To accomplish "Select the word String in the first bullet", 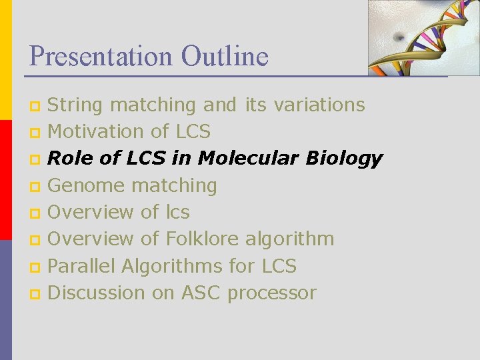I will click(x=75, y=105).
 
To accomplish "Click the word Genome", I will click(x=86, y=185).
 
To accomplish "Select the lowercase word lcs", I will click(x=177, y=212).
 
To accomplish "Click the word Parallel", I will click(x=81, y=266).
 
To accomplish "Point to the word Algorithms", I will click(x=173, y=266).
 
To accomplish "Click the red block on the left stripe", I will click(x=5, y=180).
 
